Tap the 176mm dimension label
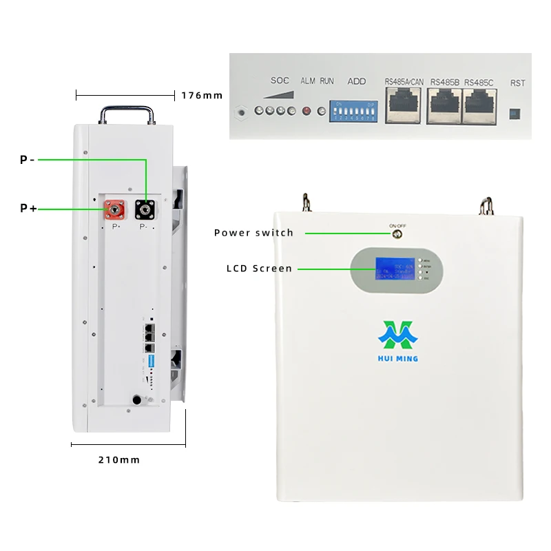coord(202,95)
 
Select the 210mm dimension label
coord(119,459)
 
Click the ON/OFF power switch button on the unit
coord(397,234)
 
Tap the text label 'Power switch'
coord(253,233)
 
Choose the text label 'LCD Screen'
coord(259,269)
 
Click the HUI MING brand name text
coord(398,358)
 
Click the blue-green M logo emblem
coord(398,335)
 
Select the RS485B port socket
coord(444,105)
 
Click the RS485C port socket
coord(480,105)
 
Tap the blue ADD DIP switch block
coord(353,110)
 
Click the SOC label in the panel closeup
coord(280,81)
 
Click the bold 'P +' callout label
coord(28,207)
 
